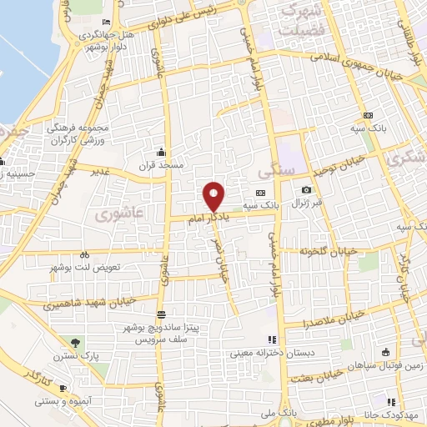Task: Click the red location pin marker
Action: click(x=214, y=196)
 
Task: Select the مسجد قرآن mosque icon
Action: click(x=160, y=153)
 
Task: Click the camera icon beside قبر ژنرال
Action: click(x=307, y=191)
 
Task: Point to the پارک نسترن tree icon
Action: click(x=77, y=343)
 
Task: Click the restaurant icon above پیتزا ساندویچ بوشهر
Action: click(x=160, y=314)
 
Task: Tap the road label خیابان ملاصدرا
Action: click(x=333, y=319)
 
